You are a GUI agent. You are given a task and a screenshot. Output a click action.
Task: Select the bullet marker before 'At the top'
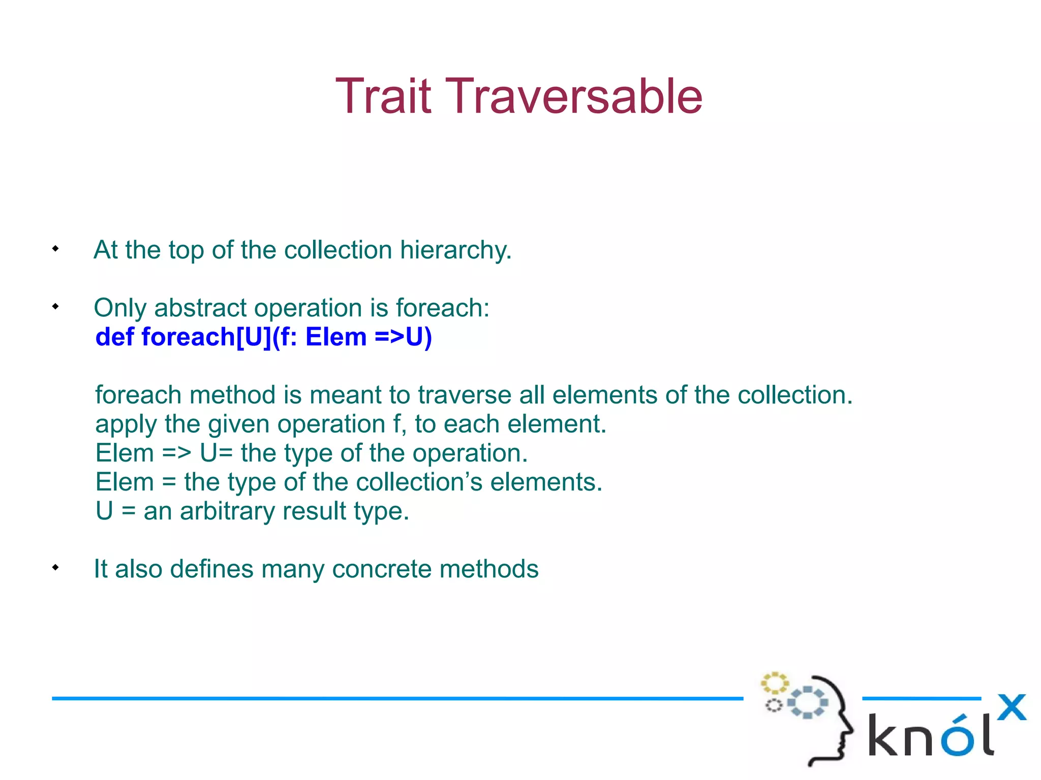point(55,249)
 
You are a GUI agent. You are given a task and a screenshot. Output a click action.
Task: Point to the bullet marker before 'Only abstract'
point(55,307)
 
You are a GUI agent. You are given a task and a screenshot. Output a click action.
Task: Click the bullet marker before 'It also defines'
point(55,568)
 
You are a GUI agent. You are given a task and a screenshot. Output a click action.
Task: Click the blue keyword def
point(114,337)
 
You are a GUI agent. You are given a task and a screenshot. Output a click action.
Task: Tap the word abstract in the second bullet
point(200,308)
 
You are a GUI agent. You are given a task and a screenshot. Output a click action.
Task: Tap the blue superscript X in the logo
point(1012,707)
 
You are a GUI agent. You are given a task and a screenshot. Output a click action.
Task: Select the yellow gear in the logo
point(774,684)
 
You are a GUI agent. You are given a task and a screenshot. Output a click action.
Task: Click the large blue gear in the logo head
point(808,702)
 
